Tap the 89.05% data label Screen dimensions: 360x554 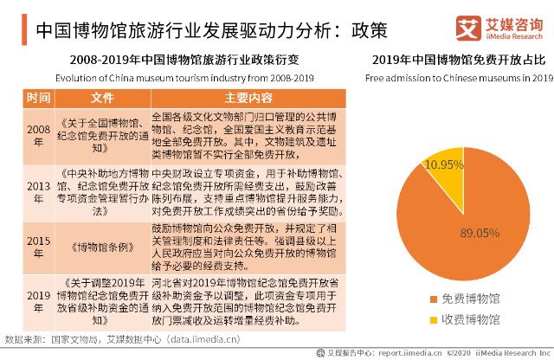click(481, 232)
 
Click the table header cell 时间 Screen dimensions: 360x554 click(39, 97)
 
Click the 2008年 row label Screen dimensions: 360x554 click(39, 135)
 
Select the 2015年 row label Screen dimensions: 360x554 click(39, 246)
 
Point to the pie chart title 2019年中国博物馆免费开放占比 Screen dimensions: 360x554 click(459, 61)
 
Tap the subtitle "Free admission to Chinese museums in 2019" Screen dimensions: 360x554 click(459, 78)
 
